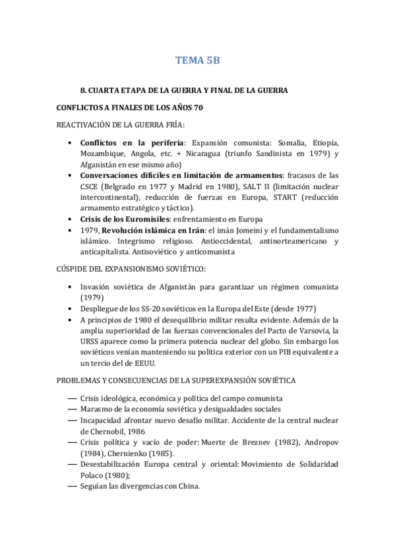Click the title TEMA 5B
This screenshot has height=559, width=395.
point(197,61)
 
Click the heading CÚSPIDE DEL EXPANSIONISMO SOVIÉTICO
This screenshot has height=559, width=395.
point(131,269)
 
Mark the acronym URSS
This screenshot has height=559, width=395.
point(91,341)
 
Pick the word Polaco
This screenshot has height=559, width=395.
point(94,475)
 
